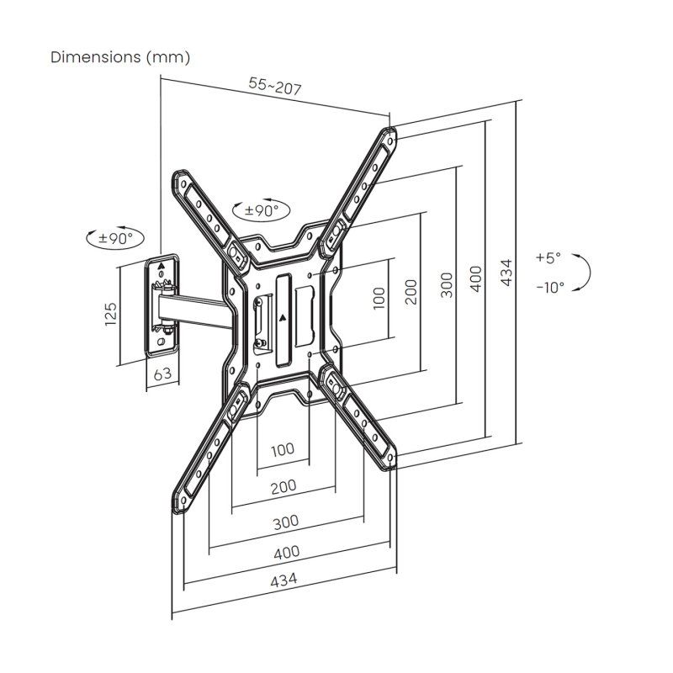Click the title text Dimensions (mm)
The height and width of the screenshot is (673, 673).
pyautogui.click(x=120, y=57)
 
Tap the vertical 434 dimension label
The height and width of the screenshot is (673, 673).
pyautogui.click(x=506, y=272)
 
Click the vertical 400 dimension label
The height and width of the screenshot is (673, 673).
pyautogui.click(x=477, y=278)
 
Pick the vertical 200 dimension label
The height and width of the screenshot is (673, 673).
pyautogui.click(x=411, y=291)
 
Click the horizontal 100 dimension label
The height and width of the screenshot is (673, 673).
pyautogui.click(x=283, y=449)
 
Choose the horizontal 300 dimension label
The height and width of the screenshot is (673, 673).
pyautogui.click(x=285, y=522)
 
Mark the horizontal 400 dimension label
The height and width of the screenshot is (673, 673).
pyautogui.click(x=285, y=553)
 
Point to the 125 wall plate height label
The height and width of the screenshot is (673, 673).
pyautogui.click(x=111, y=315)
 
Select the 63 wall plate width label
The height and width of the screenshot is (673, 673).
pyautogui.click(x=162, y=374)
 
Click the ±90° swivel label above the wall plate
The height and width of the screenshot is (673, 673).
pyautogui.click(x=116, y=238)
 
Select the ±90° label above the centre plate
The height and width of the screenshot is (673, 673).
pyautogui.click(x=262, y=211)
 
